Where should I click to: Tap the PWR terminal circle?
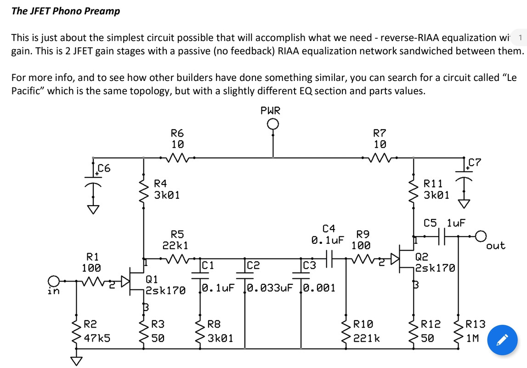pyautogui.click(x=273, y=125)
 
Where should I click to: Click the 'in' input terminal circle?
pyautogui.click(x=54, y=280)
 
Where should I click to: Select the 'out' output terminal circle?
pyautogui.click(x=481, y=236)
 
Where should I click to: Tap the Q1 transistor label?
pyautogui.click(x=152, y=279)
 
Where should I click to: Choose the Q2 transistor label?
pyautogui.click(x=422, y=257)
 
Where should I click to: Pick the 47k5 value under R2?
pyautogui.click(x=97, y=338)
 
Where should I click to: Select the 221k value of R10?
pyautogui.click(x=367, y=338)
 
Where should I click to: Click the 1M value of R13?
pyautogui.click(x=473, y=338)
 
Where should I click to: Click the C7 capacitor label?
pyautogui.click(x=475, y=162)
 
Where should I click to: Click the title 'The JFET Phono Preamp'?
pyautogui.click(x=65, y=11)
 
